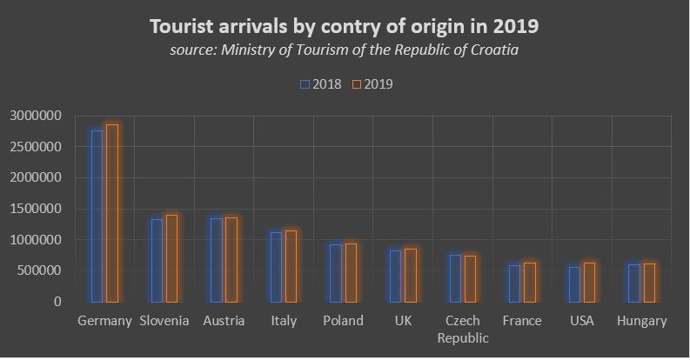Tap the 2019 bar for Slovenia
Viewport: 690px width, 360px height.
tap(171, 258)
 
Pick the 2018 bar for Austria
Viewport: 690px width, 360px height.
tap(216, 260)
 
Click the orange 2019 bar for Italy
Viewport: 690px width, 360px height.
tap(291, 266)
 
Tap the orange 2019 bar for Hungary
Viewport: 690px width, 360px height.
tap(648, 283)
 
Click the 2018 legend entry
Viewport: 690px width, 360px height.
tap(321, 84)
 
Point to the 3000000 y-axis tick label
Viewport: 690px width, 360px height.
tap(36, 116)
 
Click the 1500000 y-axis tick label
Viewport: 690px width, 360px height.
tap(36, 209)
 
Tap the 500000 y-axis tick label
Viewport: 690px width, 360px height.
tap(39, 271)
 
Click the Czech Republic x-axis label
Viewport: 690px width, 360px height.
tap(462, 329)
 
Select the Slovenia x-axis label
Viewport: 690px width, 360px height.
tap(164, 321)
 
